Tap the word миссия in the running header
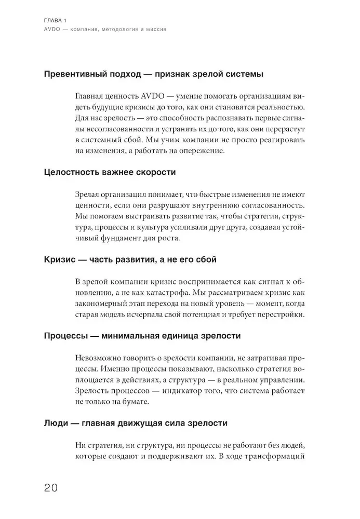tap(154, 30)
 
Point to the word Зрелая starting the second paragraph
tap(89, 195)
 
